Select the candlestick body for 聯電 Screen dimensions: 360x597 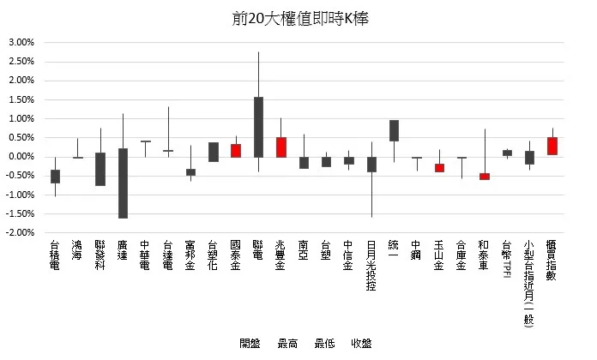258,127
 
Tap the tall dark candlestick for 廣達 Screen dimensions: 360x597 123,183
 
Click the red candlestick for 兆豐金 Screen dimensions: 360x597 281,147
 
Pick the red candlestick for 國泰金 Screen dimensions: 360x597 236,150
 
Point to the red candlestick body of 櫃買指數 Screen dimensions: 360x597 552,146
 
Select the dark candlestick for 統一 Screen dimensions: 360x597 394,130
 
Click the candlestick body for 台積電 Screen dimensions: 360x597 55,177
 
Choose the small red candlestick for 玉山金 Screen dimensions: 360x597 439,168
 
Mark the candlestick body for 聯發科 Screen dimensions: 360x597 100,169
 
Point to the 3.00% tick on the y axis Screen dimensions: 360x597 21,42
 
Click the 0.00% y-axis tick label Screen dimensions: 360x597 21,157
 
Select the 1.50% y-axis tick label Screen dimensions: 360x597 21,99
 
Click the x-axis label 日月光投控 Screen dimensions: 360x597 371,266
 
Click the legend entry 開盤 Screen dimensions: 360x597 250,344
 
